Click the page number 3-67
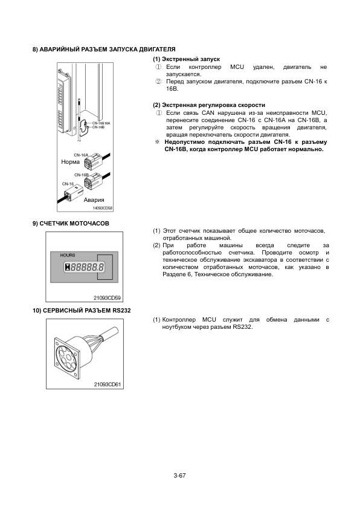pos(179,476)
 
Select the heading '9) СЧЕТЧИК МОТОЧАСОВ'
pos(71,223)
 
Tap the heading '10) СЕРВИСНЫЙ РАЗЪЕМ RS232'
pos(82,310)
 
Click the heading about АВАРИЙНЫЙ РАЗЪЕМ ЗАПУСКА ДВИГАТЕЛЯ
pos(104,50)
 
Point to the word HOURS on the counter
pos(68,255)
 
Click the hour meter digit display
pos(85,267)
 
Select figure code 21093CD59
pos(107,297)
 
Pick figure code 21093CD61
pos(108,384)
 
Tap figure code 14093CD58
pos(103,208)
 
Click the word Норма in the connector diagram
pos(71,161)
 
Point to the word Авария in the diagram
pos(94,200)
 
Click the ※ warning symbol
pos(158,142)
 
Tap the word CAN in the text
pos(208,113)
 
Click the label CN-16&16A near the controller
pos(101,123)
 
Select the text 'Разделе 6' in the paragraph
pos(175,274)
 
